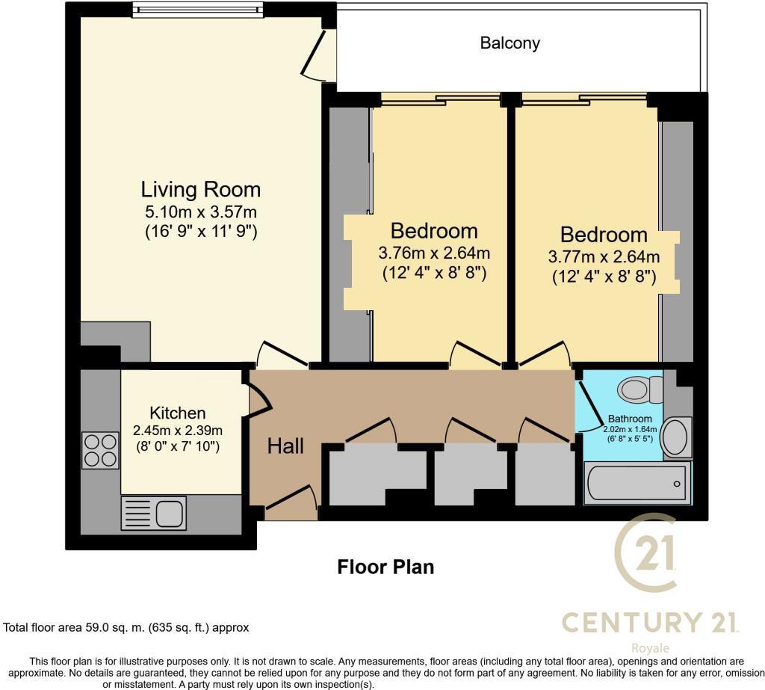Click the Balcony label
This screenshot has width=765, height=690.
pyautogui.click(x=510, y=43)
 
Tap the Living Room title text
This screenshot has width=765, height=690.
pyautogui.click(x=200, y=189)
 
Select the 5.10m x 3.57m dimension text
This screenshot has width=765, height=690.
pyautogui.click(x=200, y=212)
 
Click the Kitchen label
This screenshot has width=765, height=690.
pyautogui.click(x=178, y=413)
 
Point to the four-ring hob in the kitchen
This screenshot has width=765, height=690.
pyautogui.click(x=100, y=450)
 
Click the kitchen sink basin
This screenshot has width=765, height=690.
pyautogui.click(x=170, y=514)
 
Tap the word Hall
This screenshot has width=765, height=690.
pyautogui.click(x=285, y=446)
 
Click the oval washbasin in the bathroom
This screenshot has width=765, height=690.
pyautogui.click(x=675, y=437)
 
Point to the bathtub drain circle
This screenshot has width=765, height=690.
pyautogui.click(x=677, y=484)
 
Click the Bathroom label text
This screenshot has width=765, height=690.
pyautogui.click(x=630, y=419)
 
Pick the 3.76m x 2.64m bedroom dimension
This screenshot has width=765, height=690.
pyautogui.click(x=434, y=253)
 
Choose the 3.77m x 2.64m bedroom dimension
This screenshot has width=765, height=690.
pyautogui.click(x=604, y=256)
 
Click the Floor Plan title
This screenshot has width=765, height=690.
pyautogui.click(x=385, y=567)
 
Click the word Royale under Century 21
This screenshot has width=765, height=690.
pyautogui.click(x=651, y=648)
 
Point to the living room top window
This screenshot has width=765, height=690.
pyautogui.click(x=197, y=10)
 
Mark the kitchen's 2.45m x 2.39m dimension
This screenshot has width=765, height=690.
pyautogui.click(x=178, y=431)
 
